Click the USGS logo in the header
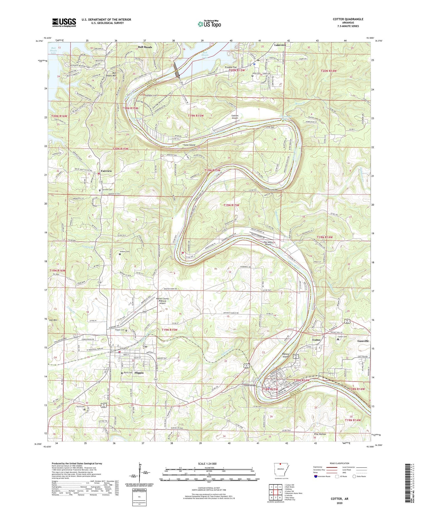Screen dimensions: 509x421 pyautogui.click(x=64, y=22)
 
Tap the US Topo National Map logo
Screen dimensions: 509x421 pyautogui.click(x=209, y=24)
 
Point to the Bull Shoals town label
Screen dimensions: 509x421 pyautogui.click(x=145, y=47)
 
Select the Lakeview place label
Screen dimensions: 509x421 pyautogui.click(x=280, y=45)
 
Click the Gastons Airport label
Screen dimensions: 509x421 pyautogui.click(x=235, y=117)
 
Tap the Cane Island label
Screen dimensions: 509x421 pyautogui.click(x=189, y=145)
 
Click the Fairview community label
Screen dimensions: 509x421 pyautogui.click(x=106, y=171)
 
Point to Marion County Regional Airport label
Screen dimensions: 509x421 pyautogui.click(x=162, y=301)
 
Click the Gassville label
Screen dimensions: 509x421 pyautogui.click(x=363, y=341)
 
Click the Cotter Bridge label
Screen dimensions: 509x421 pyautogui.click(x=250, y=386)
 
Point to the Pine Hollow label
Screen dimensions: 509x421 pyautogui.click(x=320, y=434)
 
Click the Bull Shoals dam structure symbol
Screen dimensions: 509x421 pyautogui.click(x=177, y=71)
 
